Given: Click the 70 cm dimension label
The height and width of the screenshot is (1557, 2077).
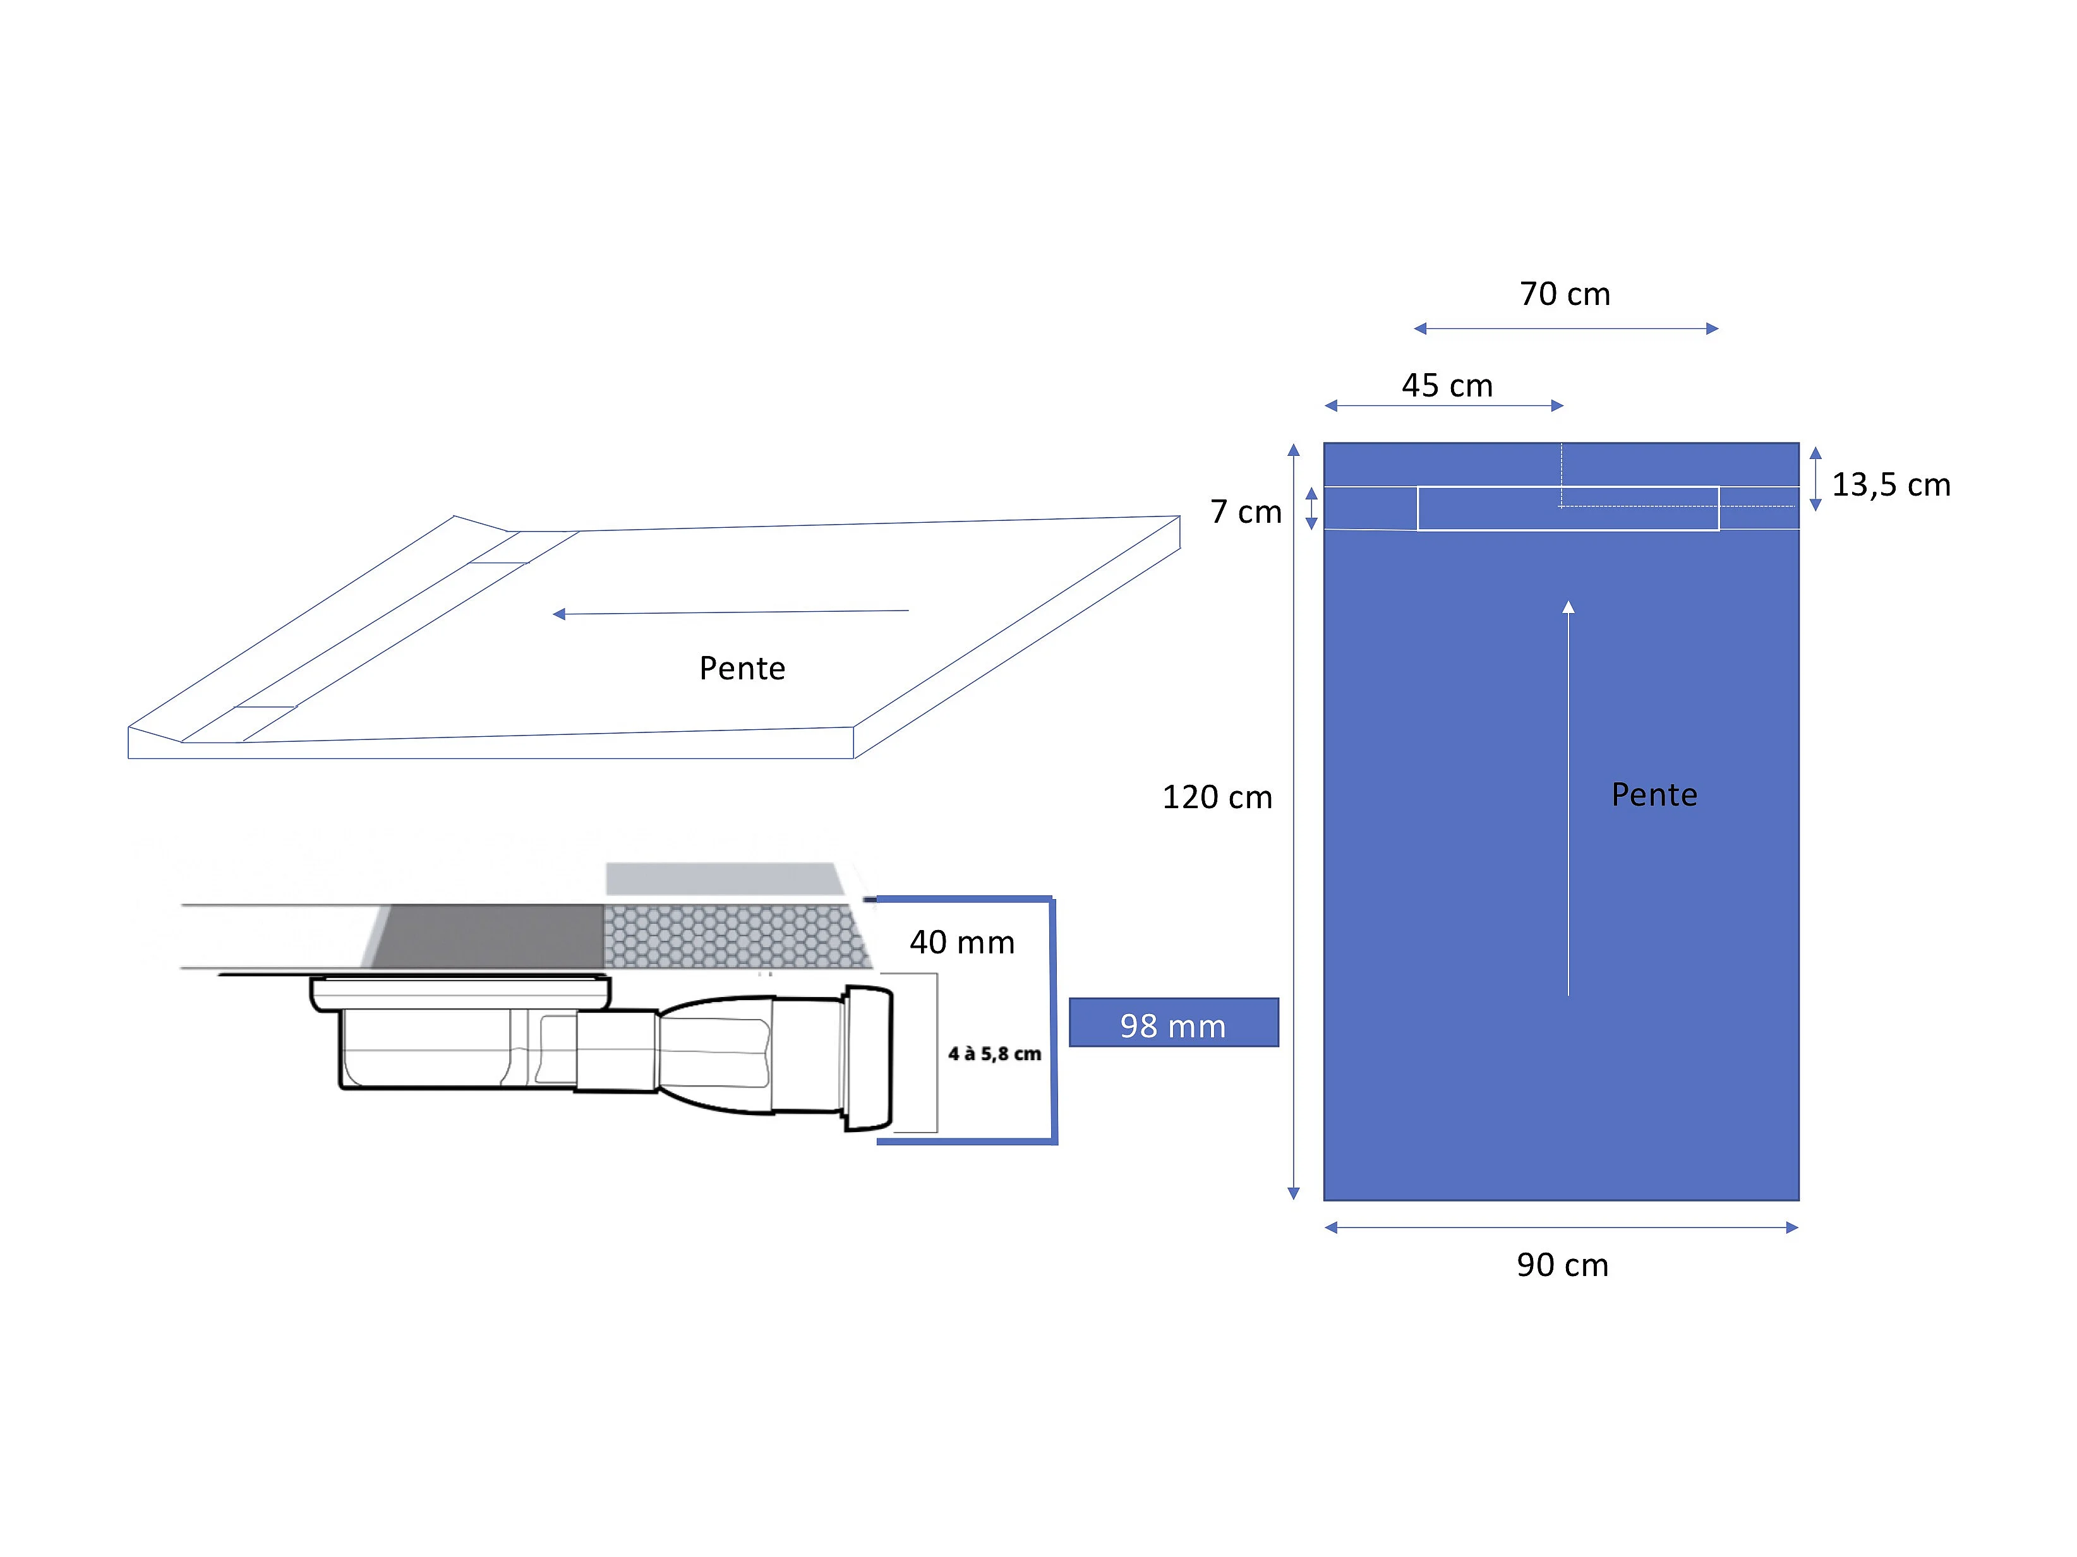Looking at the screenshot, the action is click(x=1565, y=294).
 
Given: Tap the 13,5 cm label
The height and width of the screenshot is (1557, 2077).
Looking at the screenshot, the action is click(x=1891, y=484).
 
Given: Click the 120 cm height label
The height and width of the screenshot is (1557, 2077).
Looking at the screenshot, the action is click(x=1217, y=797).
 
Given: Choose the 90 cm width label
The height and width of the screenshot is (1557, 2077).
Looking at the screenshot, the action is click(x=1562, y=1265).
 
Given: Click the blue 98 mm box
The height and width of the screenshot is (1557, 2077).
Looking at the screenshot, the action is click(x=1174, y=1022).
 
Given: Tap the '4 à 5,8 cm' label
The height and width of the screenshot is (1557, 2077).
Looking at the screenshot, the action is click(x=994, y=1054).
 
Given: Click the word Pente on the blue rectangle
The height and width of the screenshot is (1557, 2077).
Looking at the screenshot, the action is click(x=1654, y=795).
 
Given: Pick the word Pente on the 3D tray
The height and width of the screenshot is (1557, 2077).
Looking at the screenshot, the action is click(x=742, y=668).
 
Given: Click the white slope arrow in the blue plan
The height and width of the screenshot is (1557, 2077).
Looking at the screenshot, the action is click(x=1568, y=797).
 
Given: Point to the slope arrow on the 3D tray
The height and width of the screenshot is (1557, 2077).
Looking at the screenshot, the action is click(x=730, y=612).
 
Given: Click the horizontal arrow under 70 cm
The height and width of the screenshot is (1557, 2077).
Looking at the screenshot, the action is click(x=1566, y=328).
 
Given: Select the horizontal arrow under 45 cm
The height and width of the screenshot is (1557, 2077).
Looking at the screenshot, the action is click(x=1444, y=405).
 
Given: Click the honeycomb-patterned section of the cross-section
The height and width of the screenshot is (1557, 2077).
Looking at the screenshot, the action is click(x=737, y=936).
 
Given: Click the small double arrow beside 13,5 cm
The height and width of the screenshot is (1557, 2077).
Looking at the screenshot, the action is click(x=1815, y=479).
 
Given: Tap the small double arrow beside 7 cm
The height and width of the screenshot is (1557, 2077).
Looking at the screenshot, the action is click(x=1312, y=509).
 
